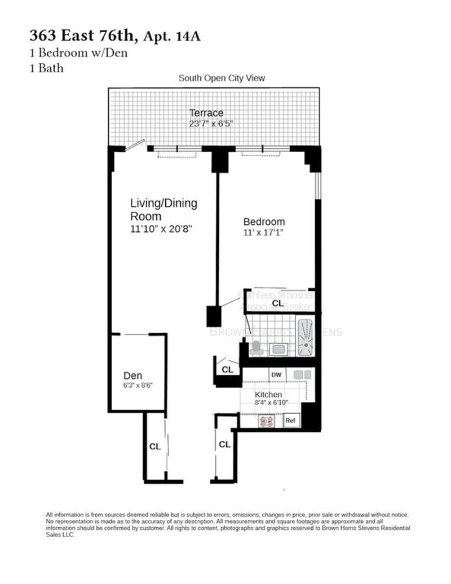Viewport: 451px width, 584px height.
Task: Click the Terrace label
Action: click(206, 113)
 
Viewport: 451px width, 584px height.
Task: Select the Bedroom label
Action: click(264, 222)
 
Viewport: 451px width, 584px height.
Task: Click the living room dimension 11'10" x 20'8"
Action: click(163, 229)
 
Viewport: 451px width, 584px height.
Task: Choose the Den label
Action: click(133, 376)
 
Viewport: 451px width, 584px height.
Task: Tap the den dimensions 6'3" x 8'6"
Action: click(138, 386)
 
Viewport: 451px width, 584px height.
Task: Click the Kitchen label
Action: click(268, 395)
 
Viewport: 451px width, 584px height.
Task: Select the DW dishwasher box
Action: click(276, 375)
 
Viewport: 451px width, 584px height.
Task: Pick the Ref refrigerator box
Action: click(290, 421)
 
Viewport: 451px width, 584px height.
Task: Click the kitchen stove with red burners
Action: click(267, 421)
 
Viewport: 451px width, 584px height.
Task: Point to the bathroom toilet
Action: click(257, 348)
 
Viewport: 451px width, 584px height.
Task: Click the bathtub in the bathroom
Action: click(304, 337)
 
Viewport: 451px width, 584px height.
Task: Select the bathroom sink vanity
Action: click(278, 349)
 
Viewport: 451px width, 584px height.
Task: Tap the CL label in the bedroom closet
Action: click(277, 303)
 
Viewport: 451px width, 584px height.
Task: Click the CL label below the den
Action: click(154, 446)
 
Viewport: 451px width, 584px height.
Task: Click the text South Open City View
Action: click(222, 78)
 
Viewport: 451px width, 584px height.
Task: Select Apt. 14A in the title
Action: click(173, 38)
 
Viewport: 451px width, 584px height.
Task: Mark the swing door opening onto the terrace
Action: click(133, 147)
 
